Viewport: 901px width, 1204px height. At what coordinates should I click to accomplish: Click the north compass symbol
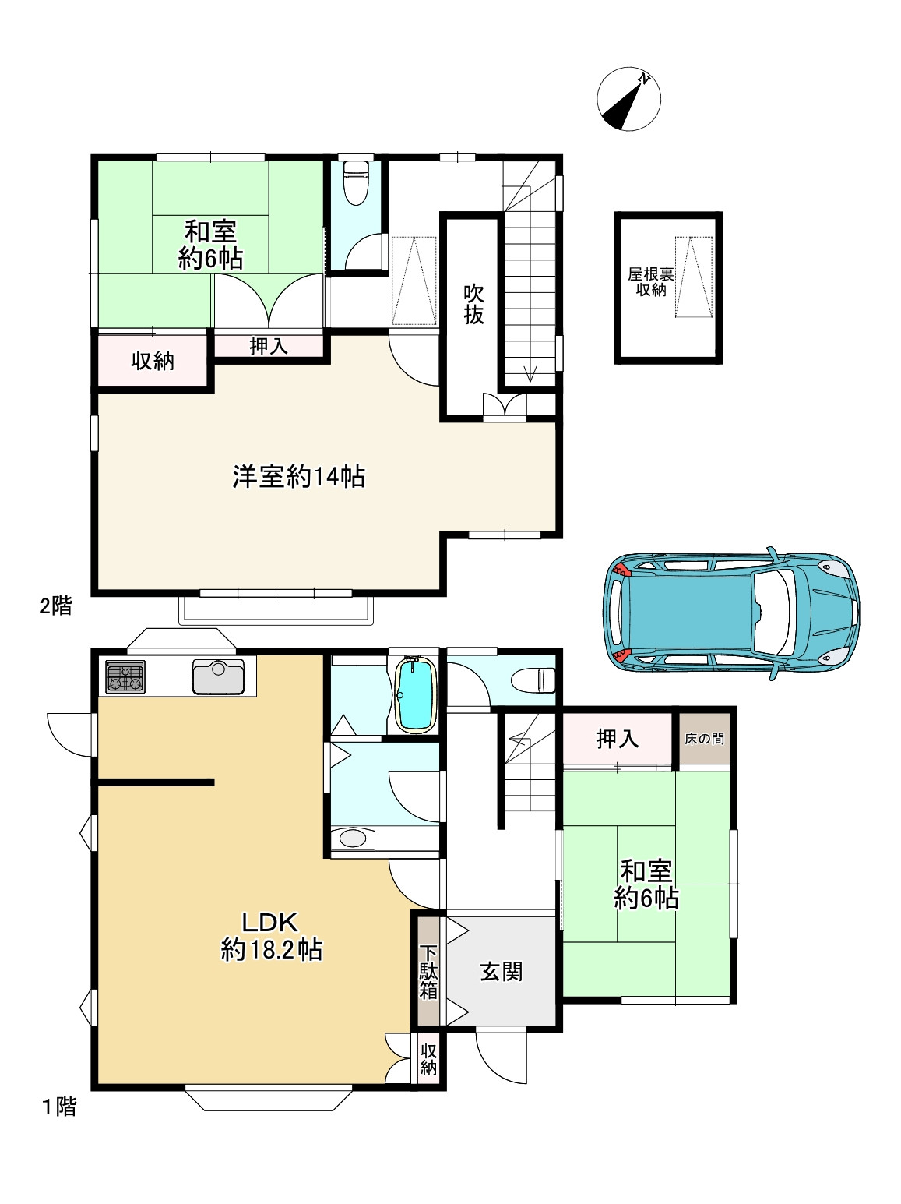pos(628,99)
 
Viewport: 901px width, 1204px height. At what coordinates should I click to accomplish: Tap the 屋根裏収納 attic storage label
pos(651,282)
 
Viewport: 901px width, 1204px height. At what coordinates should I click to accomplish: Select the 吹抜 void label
pos(473,304)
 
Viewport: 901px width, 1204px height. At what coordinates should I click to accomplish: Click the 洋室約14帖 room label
pos(299,476)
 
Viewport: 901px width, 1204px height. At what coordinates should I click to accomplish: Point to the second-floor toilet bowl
pos(356,182)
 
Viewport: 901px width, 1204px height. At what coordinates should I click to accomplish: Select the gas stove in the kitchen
pos(125,676)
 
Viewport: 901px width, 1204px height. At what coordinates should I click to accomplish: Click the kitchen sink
pos(219,676)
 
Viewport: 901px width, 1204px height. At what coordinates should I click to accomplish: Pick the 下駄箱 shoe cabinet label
pos(428,972)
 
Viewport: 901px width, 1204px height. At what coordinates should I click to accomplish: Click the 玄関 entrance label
pos(501,972)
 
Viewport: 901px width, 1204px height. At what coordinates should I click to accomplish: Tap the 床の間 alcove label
pos(704,738)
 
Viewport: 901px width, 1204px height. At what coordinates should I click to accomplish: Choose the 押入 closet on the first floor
pos(617,738)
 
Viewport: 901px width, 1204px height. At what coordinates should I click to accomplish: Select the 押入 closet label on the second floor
pos(269,346)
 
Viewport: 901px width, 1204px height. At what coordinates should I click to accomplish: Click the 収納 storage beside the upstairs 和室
pos(153,361)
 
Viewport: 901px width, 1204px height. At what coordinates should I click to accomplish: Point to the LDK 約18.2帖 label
pos(271,936)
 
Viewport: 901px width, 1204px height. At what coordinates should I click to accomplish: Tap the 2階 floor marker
pos(56,606)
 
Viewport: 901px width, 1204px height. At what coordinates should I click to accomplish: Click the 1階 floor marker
pos(59,1107)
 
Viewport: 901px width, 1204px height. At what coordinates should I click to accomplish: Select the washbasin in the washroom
pos(352,839)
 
